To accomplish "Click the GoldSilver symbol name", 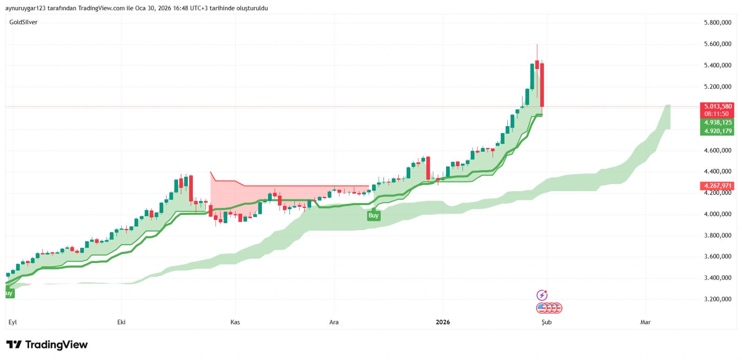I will [23, 22].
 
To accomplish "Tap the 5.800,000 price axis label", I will [717, 23].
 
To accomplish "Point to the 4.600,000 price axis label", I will [717, 150].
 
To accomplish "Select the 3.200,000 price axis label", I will [717, 299].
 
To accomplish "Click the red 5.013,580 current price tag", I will [717, 107].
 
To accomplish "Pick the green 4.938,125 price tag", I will [717, 122].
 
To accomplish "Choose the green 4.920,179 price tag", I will [717, 131].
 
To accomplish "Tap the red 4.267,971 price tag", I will [717, 186].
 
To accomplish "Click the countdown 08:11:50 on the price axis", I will [716, 114].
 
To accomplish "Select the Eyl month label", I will [13, 322].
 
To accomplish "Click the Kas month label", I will [235, 322].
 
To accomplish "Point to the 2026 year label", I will [443, 322].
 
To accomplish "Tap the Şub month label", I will [547, 322].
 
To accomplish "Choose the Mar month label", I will [645, 322].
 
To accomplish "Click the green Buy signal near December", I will [373, 215].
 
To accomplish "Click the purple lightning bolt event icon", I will [542, 295].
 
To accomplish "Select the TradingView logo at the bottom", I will [47, 345].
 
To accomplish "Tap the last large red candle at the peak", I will [542, 85].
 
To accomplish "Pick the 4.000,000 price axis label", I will [717, 214].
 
